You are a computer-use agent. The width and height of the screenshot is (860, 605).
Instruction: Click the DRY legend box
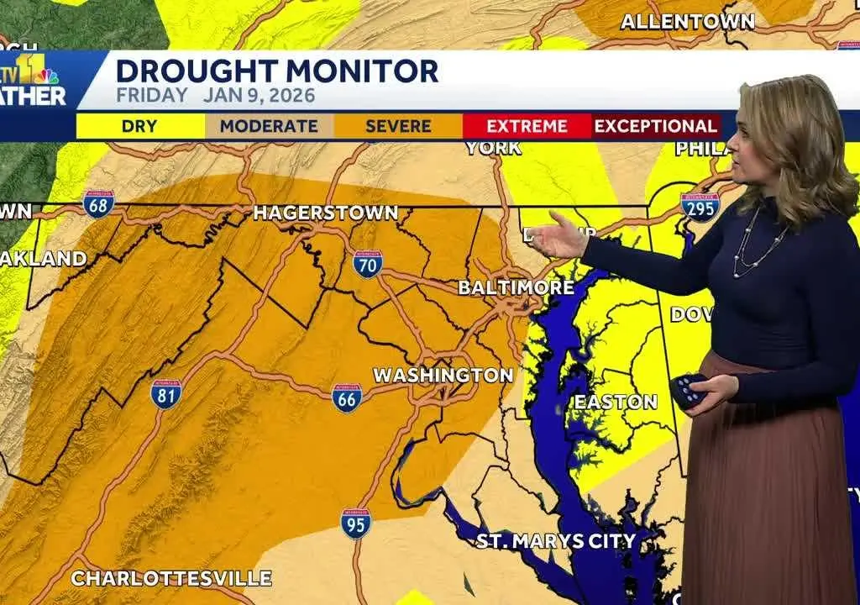(x=139, y=127)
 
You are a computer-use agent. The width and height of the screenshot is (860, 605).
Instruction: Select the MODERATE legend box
(x=269, y=127)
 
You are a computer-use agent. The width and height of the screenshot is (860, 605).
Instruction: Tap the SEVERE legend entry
(x=398, y=127)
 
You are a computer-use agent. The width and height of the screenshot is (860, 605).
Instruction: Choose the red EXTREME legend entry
(x=527, y=127)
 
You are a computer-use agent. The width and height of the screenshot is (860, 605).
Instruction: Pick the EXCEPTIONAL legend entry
(x=656, y=127)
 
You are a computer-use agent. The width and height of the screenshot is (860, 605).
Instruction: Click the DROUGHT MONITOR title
(x=277, y=71)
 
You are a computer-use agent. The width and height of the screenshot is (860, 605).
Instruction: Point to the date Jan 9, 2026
(x=259, y=95)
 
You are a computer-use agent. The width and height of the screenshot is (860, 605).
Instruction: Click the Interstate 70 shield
(x=368, y=264)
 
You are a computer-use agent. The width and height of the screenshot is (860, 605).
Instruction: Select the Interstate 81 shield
(x=166, y=393)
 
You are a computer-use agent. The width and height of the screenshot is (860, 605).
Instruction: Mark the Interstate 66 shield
(x=347, y=398)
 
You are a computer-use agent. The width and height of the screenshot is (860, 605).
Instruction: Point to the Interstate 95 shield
(x=356, y=523)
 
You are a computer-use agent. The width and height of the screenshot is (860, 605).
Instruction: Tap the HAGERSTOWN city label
(x=326, y=213)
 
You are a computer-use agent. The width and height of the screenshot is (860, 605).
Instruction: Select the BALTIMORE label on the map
(x=517, y=287)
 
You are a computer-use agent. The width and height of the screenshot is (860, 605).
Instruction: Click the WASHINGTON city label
(x=443, y=375)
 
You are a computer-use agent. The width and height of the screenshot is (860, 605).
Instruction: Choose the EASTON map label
(x=616, y=402)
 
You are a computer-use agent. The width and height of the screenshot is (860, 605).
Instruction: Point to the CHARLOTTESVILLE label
(x=171, y=578)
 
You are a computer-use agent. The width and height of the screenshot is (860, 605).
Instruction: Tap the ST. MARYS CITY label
(x=556, y=540)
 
